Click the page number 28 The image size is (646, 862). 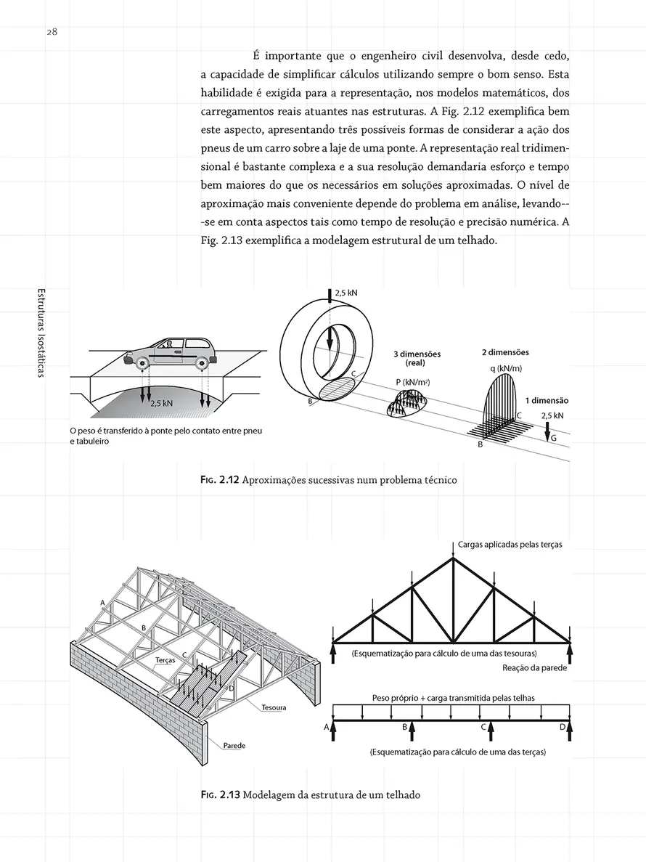tap(53, 32)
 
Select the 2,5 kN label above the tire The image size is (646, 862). tap(346, 293)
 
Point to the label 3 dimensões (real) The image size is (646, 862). tap(416, 358)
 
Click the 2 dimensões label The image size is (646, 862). tap(505, 352)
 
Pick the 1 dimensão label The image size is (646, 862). tap(547, 400)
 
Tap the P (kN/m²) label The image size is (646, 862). tap(411, 381)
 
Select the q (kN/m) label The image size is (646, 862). tap(506, 369)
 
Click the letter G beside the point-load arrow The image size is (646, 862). tap(554, 439)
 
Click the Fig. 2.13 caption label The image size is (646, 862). tap(220, 794)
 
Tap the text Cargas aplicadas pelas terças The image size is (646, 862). tap(510, 544)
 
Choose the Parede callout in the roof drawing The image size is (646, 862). tap(234, 746)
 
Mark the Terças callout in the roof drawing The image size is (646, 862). tap(165, 661)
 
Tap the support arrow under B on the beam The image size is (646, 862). tap(412, 730)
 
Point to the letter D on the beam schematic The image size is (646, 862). tap(562, 726)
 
